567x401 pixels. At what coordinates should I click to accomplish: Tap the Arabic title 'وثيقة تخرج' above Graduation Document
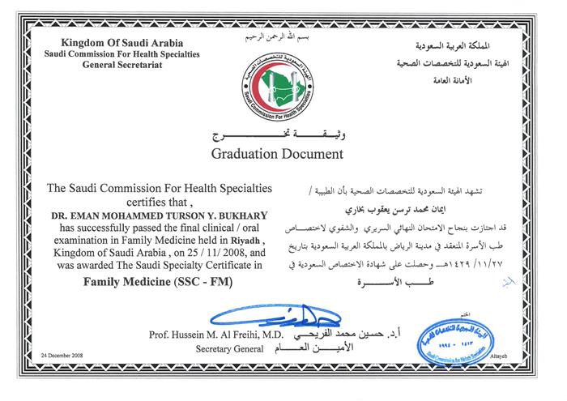click(x=277, y=134)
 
